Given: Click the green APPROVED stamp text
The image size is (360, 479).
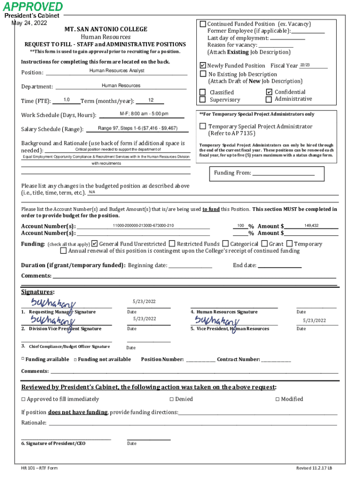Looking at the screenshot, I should (32, 7).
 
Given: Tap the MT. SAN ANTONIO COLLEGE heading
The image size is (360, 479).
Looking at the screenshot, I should (106, 29).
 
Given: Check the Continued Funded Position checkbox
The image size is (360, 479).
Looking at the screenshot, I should (203, 24).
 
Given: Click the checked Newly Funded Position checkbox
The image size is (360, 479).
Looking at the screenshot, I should (202, 65).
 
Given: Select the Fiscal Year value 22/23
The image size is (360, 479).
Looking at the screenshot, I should (305, 65).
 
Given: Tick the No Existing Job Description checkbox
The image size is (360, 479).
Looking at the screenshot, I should (203, 74).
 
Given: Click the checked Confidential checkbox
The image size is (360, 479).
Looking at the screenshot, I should (269, 92).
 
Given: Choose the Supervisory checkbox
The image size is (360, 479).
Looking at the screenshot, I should (202, 99).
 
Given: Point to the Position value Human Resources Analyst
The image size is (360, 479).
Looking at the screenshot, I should (117, 71).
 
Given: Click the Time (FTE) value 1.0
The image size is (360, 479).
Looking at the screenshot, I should (66, 100).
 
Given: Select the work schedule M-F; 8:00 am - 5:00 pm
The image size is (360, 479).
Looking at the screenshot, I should (144, 114).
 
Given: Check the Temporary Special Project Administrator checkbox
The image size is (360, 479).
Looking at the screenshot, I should (202, 126).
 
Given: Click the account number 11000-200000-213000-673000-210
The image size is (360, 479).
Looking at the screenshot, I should (143, 225).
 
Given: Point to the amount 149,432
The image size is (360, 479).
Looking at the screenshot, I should (311, 225).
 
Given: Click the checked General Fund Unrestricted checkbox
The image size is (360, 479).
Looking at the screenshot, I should (95, 244).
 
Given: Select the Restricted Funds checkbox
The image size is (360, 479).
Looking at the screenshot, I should (172, 244).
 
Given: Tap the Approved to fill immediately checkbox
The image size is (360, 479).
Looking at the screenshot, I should (23, 399).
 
